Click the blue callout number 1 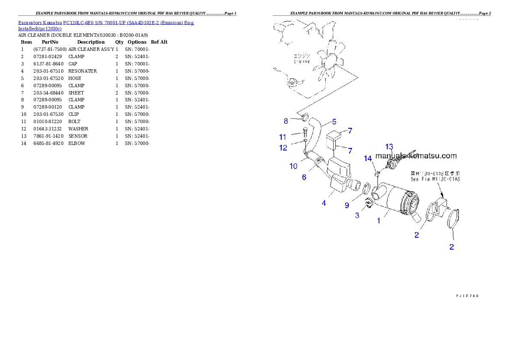tap(378, 221)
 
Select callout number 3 tap(357, 215)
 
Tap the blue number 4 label tap(324, 204)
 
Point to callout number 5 tap(334, 122)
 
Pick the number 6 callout tap(304, 177)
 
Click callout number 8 tap(286, 121)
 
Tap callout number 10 tap(293, 166)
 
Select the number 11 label tap(283, 137)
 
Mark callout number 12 tap(283, 148)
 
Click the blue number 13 tap(389, 147)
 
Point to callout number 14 tap(368, 159)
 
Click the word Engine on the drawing tap(302, 62)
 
